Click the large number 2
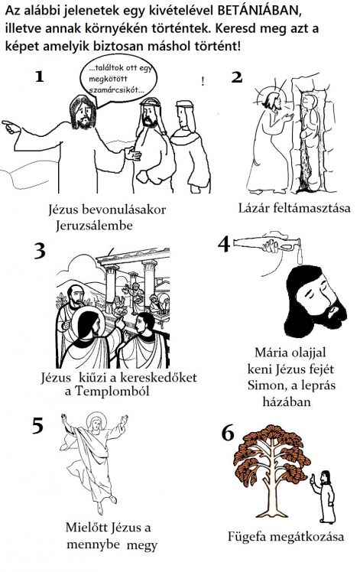(x=236, y=76)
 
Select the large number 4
(x=224, y=244)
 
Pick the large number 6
(x=227, y=433)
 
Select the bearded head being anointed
(x=313, y=304)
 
